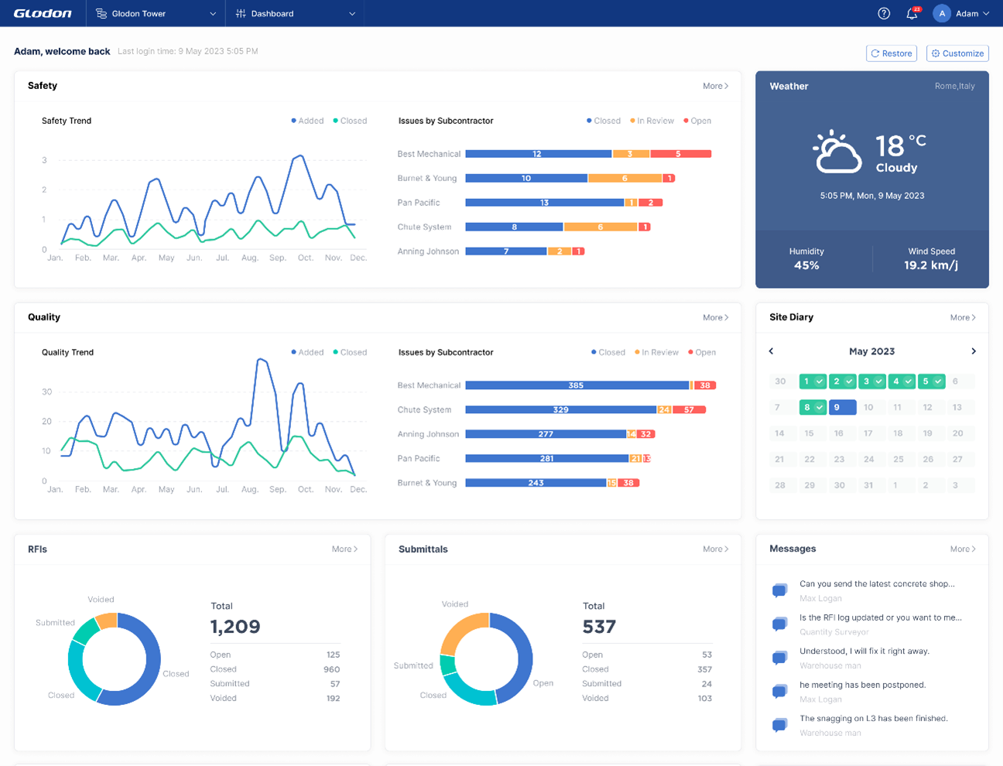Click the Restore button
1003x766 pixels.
coord(891,53)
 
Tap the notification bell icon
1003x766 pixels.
coord(912,14)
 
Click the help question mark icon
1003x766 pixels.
coord(884,14)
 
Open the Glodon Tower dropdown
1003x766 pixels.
coord(156,14)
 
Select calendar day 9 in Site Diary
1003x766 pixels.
coord(842,407)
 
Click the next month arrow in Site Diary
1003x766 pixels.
coord(974,351)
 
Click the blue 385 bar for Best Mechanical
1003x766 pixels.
coord(577,385)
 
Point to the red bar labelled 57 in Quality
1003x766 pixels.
coord(689,410)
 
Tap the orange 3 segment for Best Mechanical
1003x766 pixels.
coord(631,154)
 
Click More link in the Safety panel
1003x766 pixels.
coord(715,86)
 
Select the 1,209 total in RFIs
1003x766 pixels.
coord(235,627)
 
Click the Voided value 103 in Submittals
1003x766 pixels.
coord(704,698)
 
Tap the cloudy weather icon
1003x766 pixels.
coord(836,152)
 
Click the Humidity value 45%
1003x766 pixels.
coord(806,265)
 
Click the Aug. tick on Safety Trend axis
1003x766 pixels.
coord(250,258)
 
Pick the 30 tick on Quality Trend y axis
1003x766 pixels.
coord(46,392)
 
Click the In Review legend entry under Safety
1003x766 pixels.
coord(652,121)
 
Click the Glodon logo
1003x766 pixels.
coord(43,14)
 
